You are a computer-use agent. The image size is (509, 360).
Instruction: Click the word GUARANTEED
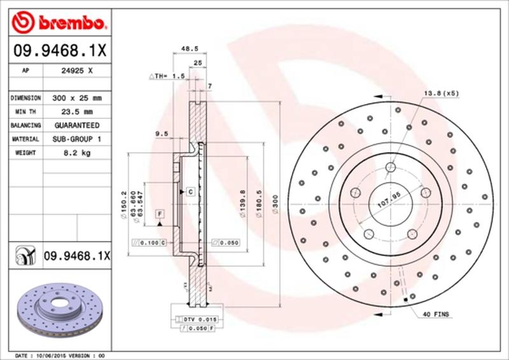(77, 125)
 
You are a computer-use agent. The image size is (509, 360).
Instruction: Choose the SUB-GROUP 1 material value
(77, 139)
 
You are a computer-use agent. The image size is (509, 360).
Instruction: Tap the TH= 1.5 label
(167, 76)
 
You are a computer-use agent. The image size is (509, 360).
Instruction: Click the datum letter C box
(190, 191)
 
